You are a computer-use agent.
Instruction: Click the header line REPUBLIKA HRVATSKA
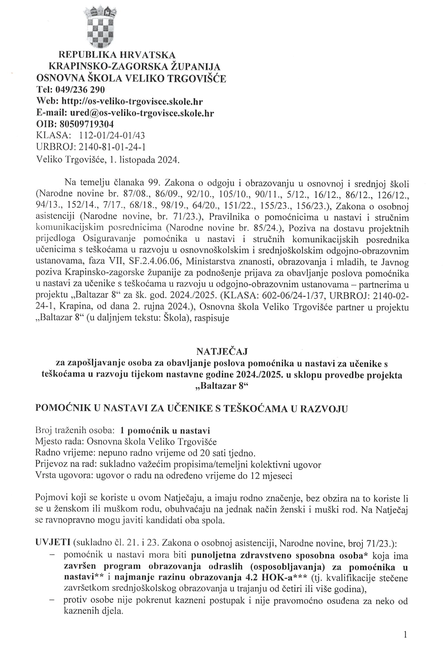tap(111, 55)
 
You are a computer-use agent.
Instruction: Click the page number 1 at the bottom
tap(405, 634)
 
